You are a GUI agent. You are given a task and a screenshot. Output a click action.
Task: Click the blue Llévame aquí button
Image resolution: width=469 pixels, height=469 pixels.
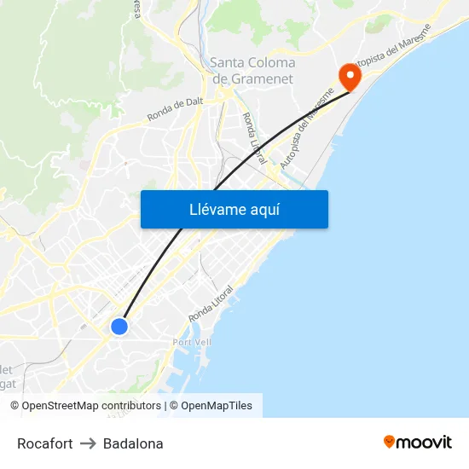[x=234, y=209]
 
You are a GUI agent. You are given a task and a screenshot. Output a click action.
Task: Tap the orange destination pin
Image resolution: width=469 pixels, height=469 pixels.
[x=350, y=76]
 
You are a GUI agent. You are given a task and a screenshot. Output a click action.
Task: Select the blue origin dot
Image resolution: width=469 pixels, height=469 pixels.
[x=119, y=326]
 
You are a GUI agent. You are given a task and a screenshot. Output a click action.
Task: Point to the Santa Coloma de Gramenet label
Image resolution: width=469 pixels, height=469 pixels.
[x=252, y=71]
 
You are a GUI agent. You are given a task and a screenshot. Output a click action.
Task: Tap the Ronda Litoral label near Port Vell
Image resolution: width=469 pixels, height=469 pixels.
[x=211, y=302]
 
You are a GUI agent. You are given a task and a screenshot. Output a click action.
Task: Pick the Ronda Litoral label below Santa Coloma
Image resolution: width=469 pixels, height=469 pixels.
[x=254, y=138]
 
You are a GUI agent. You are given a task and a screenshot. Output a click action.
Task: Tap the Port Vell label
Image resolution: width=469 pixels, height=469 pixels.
[x=191, y=342]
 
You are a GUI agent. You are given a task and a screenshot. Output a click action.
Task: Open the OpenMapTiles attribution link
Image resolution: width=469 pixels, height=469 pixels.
[x=217, y=406]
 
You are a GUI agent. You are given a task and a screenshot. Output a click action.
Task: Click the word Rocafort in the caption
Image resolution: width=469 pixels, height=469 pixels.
[x=44, y=443]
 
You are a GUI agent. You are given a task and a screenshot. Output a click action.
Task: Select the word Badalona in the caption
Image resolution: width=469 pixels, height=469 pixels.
[x=133, y=443]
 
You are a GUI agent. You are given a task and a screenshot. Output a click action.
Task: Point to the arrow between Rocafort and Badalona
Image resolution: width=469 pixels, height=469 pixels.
[x=88, y=443]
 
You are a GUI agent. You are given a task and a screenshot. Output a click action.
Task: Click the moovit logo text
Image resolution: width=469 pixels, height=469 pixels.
[x=425, y=442]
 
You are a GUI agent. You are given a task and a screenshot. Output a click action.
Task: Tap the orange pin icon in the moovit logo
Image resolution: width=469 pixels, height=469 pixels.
[x=390, y=442]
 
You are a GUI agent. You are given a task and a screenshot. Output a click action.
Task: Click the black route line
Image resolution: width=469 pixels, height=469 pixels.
[x=256, y=153]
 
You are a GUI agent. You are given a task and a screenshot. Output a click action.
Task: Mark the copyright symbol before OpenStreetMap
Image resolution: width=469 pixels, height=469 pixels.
[x=14, y=406]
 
